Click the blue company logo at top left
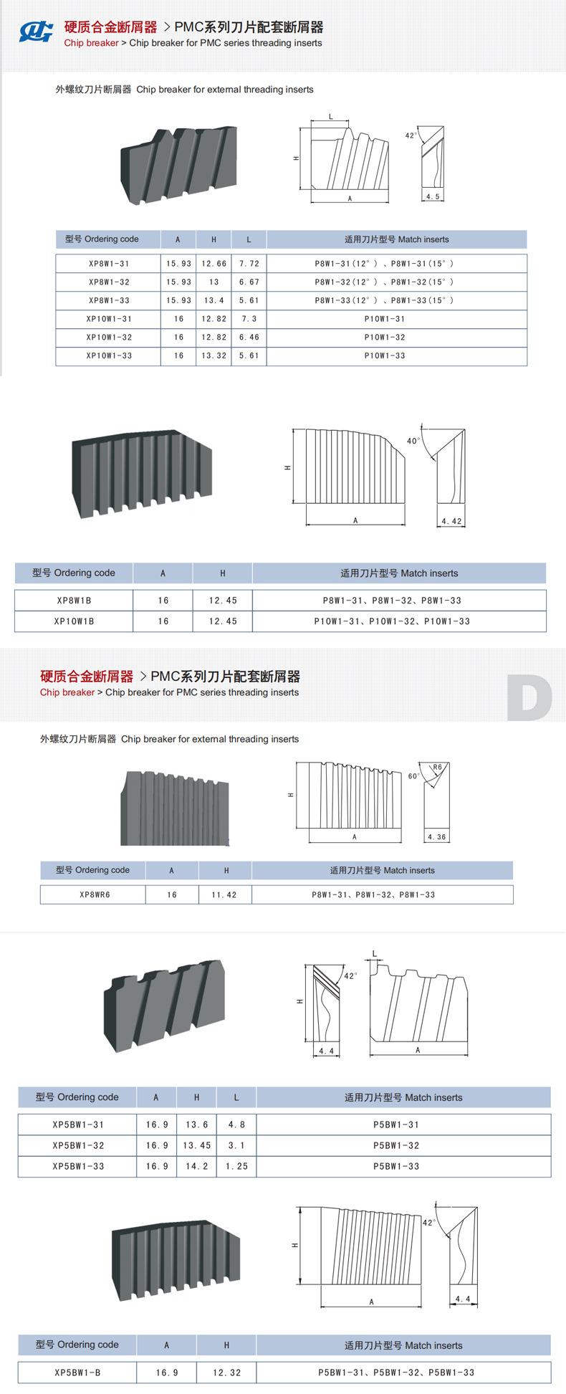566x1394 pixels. pyautogui.click(x=37, y=32)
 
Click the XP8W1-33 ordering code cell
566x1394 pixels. pyautogui.click(x=109, y=300)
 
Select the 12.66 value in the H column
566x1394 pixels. pyautogui.click(x=214, y=264)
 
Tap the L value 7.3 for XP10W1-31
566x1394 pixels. pyautogui.click(x=249, y=319)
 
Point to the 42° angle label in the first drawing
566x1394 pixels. pyautogui.click(x=411, y=135)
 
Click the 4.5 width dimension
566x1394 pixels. pyautogui.click(x=433, y=196)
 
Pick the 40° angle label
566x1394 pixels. pyautogui.click(x=413, y=441)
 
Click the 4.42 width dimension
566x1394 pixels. pyautogui.click(x=451, y=521)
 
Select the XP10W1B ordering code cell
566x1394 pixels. pyautogui.click(x=74, y=621)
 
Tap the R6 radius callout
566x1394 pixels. pyautogui.click(x=438, y=767)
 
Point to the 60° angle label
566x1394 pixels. pyautogui.click(x=414, y=776)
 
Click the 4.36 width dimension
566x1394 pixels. pyautogui.click(x=436, y=837)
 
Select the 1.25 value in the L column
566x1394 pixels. pyautogui.click(x=236, y=1166)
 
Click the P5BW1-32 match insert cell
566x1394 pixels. pyautogui.click(x=396, y=1145)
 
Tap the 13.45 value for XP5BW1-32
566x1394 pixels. pyautogui.click(x=197, y=1145)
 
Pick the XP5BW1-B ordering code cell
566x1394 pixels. pyautogui.click(x=77, y=1372)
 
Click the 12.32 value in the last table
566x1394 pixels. pyautogui.click(x=227, y=1372)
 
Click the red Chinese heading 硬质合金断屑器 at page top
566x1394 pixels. pyautogui.click(x=110, y=27)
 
